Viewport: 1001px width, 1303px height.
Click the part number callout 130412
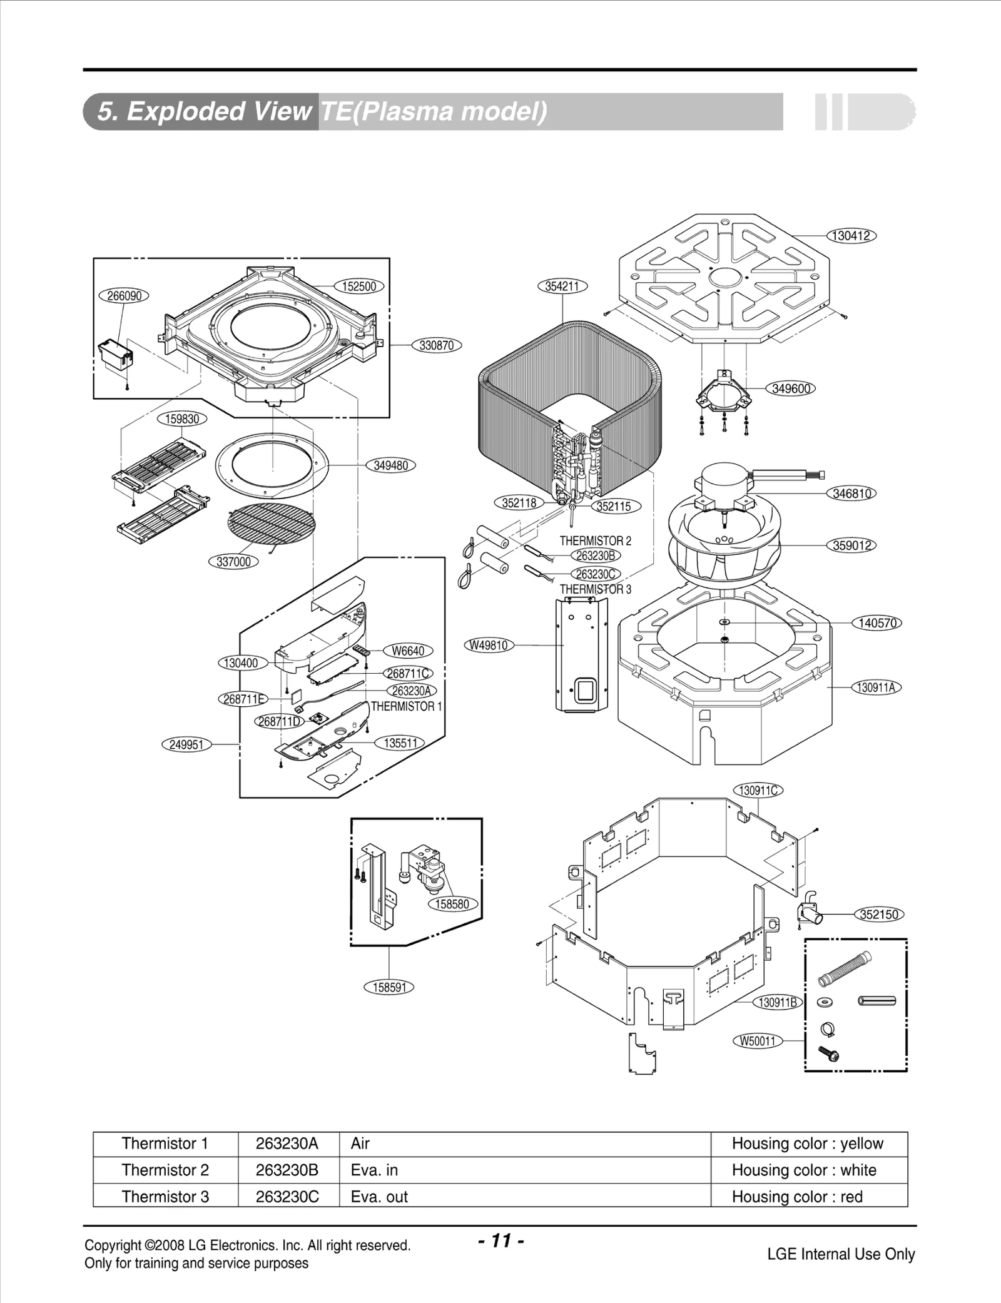click(x=851, y=236)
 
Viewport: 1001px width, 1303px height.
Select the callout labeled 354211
click(x=562, y=286)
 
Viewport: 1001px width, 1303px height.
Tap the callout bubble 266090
click(x=124, y=296)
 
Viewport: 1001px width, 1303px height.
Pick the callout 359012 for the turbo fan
click(x=851, y=545)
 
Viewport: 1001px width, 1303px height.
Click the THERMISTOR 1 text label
click(x=406, y=706)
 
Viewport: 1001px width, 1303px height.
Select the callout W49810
click(x=489, y=645)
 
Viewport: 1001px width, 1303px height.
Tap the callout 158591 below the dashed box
click(x=389, y=988)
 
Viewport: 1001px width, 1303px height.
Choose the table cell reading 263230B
click(x=287, y=1170)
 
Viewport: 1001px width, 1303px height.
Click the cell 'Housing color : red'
click(x=797, y=1197)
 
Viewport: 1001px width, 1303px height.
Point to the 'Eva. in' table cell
click(x=374, y=1170)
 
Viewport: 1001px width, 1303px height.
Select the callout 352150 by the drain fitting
click(x=879, y=915)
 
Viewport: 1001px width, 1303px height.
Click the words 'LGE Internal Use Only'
click(x=840, y=1254)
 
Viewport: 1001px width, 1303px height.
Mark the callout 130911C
click(x=758, y=791)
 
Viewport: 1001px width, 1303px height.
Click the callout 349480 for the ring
click(x=390, y=465)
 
